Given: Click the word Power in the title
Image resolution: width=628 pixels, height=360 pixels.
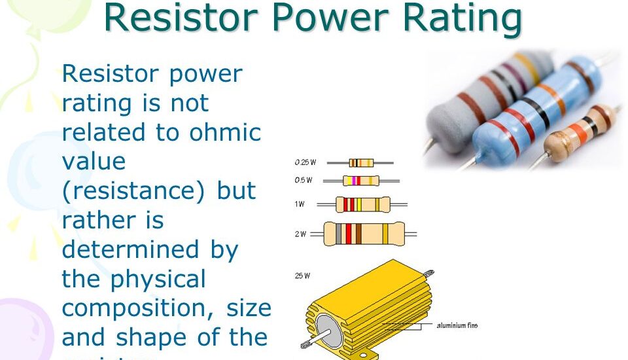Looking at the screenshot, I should pos(332,18).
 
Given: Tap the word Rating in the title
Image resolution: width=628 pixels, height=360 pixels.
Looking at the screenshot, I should pos(462,18).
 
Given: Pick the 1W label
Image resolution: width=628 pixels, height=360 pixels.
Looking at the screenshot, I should pos(300,204).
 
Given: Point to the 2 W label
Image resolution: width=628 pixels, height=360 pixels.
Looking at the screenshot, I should pos(300,234).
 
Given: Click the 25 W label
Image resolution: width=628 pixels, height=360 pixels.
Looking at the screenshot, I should pos(302,276).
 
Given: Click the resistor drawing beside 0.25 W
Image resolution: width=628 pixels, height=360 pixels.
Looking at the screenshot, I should pos(361,162).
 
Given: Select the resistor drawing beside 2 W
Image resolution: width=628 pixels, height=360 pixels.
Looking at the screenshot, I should pos(364,234).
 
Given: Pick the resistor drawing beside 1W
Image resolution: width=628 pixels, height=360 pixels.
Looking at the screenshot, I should pos(363,204).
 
